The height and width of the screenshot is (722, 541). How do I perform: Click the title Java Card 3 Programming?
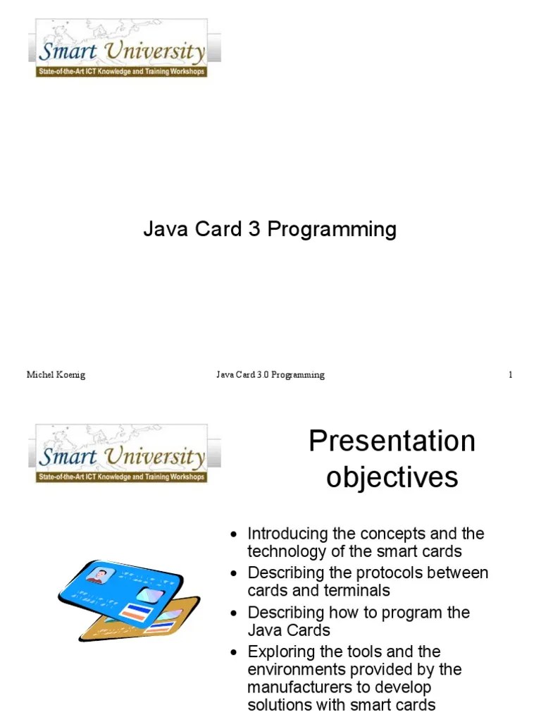[x=270, y=229]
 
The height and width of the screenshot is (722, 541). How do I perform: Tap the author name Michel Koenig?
[x=56, y=375]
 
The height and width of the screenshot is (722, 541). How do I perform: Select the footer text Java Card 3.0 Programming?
[x=270, y=375]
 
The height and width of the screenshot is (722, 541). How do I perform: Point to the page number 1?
[x=510, y=375]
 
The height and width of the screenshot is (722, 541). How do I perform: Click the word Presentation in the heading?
[x=392, y=442]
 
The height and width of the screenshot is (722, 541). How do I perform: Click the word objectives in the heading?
[x=392, y=477]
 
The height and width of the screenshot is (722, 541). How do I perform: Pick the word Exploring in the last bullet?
[x=280, y=651]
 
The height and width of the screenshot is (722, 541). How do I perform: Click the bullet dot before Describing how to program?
[x=236, y=613]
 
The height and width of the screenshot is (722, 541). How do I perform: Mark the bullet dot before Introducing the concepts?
[x=236, y=534]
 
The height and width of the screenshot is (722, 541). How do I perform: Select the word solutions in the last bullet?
[x=280, y=705]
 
